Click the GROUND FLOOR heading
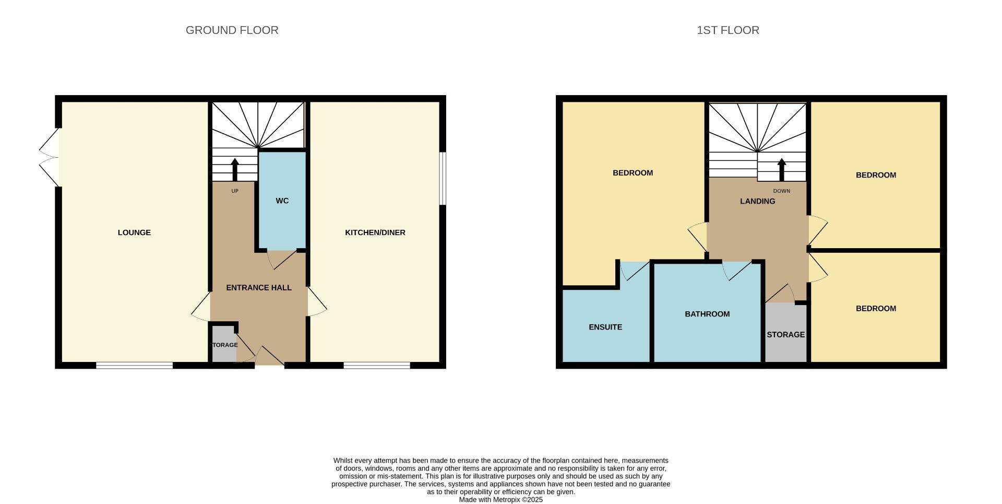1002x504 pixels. tap(232, 30)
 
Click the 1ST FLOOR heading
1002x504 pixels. tap(727, 30)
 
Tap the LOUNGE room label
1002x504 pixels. tap(134, 232)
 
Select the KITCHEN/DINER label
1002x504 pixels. tap(375, 232)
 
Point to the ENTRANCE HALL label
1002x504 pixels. tap(258, 288)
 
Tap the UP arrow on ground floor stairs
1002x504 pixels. tap(234, 169)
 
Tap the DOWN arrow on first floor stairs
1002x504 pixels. tap(781, 169)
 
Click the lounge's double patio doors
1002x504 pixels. tap(50, 157)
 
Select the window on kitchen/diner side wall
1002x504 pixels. tap(443, 178)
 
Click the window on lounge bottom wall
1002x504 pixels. tap(134, 366)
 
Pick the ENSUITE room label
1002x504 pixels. tap(605, 327)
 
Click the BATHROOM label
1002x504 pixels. tap(707, 314)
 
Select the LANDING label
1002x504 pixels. tap(757, 201)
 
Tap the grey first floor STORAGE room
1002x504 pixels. tap(785, 334)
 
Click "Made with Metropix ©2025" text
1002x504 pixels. tap(500, 500)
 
